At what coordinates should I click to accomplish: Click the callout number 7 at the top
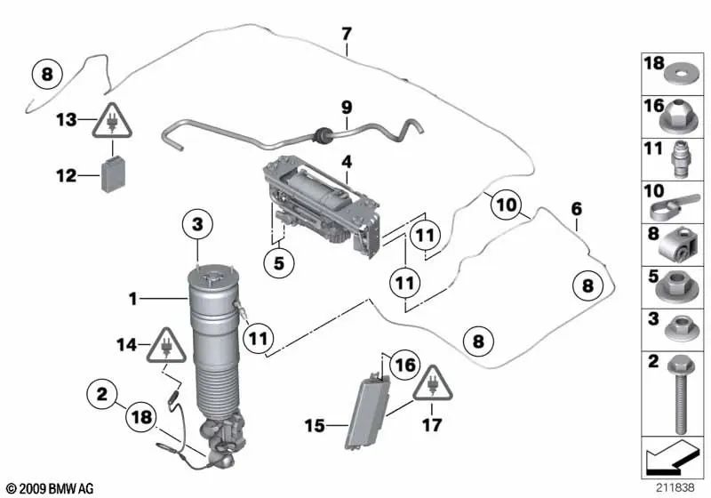(346, 34)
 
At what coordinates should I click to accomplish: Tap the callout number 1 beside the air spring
(132, 300)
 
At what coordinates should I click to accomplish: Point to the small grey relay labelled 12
(114, 175)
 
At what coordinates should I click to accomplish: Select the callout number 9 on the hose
(348, 107)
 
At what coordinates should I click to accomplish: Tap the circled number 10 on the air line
(506, 205)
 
